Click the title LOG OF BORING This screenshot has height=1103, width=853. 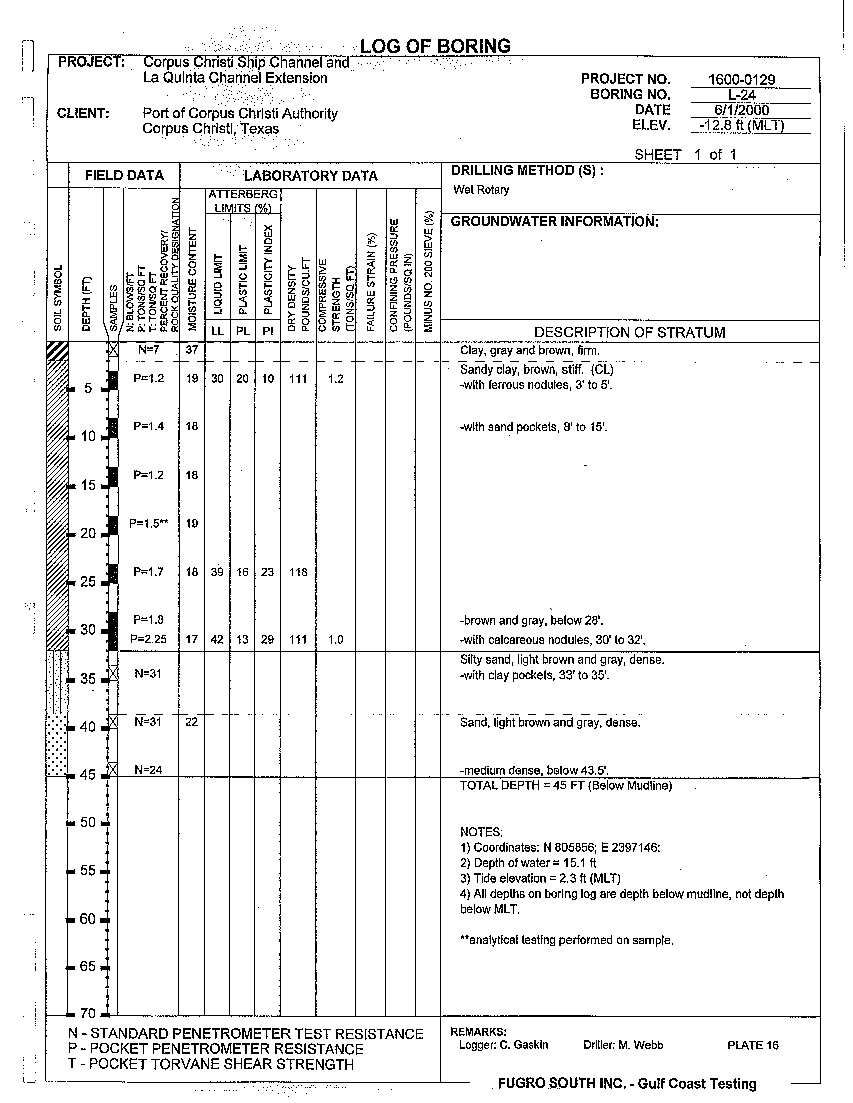coord(435,46)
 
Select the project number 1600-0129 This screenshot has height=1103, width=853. coord(741,79)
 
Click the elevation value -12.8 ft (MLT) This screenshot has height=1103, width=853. coord(741,125)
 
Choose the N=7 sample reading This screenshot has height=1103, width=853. coord(149,349)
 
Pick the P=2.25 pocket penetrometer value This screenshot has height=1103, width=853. coord(149,639)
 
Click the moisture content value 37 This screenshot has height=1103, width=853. coord(192,349)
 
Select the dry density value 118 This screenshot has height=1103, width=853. coord(298,572)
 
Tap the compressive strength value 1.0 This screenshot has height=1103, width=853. coord(336,639)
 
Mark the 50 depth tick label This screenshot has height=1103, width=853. coord(88,822)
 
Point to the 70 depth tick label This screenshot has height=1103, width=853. coord(88,1013)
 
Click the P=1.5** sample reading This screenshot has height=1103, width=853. coord(149,523)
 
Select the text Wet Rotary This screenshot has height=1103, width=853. coord(481,190)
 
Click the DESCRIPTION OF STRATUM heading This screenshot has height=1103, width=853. coord(630,332)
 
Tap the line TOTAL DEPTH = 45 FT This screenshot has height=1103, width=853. coord(565,785)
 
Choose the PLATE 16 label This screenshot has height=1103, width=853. coord(753,1045)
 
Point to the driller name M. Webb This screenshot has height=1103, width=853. coord(623,1045)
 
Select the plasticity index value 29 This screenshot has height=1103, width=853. coord(267,639)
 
